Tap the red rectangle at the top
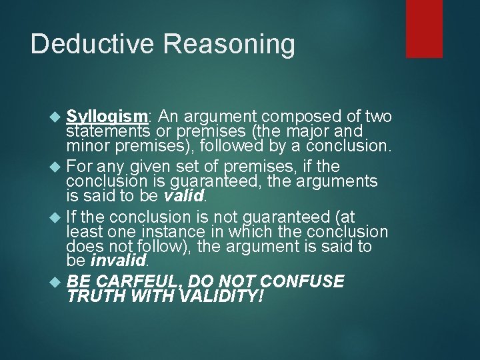click(x=424, y=28)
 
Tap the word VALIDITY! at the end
click(x=221, y=296)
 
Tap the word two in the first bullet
click(x=377, y=117)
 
